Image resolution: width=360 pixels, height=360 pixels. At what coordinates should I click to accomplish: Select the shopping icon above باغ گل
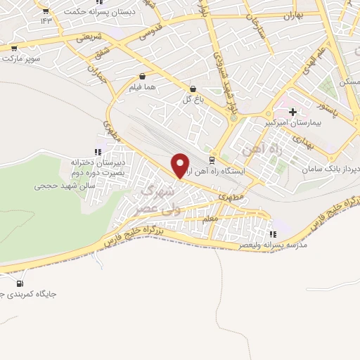tap(193, 89)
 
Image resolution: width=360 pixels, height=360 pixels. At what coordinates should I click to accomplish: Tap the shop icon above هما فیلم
tap(143, 76)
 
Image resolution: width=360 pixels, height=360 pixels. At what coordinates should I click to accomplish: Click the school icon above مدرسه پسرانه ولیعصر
tap(274, 234)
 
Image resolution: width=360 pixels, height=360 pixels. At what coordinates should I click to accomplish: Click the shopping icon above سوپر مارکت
tap(13, 48)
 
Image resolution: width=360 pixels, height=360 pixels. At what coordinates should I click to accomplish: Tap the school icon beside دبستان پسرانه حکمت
tap(46, 11)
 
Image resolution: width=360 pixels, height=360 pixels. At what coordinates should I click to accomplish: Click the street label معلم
tap(209, 220)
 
